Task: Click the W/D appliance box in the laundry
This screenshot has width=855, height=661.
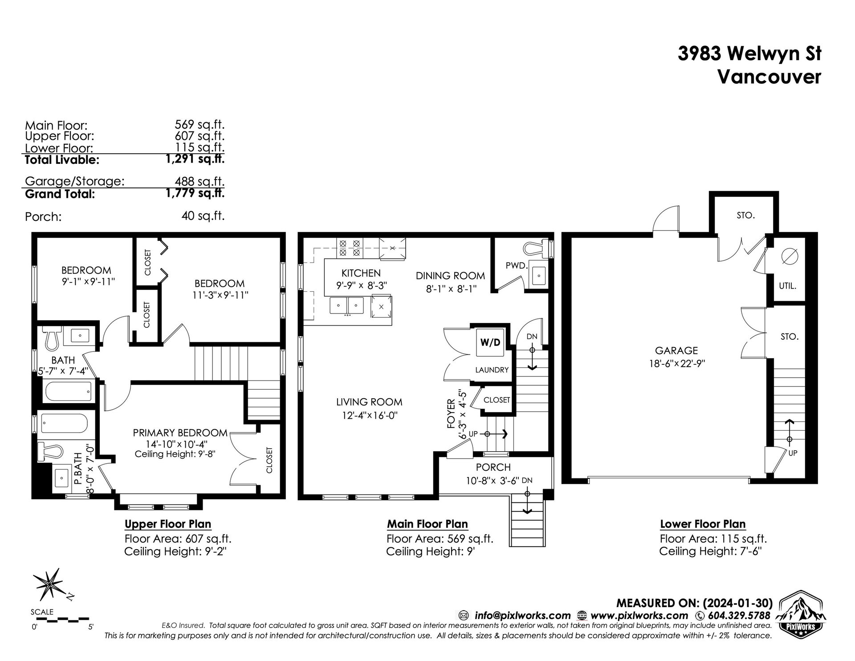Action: click(x=490, y=343)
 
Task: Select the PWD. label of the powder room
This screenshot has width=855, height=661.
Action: click(x=517, y=266)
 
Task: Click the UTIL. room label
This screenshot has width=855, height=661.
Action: click(x=788, y=286)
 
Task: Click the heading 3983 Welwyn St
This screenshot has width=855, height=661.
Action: click(x=749, y=54)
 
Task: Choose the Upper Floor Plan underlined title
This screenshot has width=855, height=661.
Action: click(x=168, y=524)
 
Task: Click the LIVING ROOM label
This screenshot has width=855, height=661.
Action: click(x=369, y=402)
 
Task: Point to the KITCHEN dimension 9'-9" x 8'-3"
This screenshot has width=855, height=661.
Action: click(x=361, y=285)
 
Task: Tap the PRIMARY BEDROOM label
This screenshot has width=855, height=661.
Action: click(x=180, y=433)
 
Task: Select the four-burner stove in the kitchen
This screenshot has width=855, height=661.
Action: click(x=350, y=248)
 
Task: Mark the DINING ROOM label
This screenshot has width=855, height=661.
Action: click(x=450, y=276)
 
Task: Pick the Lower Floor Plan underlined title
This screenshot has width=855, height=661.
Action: click(x=703, y=524)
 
